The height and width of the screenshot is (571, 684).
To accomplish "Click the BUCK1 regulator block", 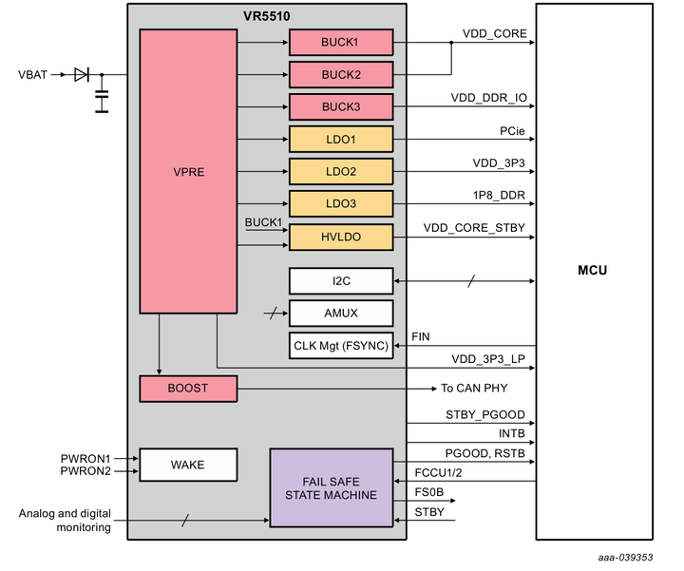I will point(340,42).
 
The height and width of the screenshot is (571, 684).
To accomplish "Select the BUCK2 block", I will point(340,74).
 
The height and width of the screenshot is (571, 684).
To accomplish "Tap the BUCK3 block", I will point(340,106).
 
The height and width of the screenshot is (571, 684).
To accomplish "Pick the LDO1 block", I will point(340,139).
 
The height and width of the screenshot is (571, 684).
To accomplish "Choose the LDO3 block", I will point(340,203).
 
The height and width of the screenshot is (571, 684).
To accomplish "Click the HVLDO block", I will point(340,237).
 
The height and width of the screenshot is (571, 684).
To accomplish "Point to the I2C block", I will point(340,280).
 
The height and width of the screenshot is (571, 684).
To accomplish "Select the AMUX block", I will point(340,313).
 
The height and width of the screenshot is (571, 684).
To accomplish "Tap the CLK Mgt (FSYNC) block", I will point(340,345).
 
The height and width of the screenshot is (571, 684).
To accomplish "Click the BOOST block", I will point(187,388).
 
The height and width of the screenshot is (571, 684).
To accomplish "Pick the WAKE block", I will point(187,465).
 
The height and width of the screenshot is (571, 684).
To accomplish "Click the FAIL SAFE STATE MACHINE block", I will point(331,487).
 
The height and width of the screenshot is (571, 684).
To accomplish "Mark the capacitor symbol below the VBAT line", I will point(102,101).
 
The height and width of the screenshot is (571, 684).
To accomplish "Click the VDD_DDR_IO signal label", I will point(488,98).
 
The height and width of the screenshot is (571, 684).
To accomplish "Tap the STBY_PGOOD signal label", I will point(484,414).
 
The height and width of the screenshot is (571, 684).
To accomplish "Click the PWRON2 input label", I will point(85,471).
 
